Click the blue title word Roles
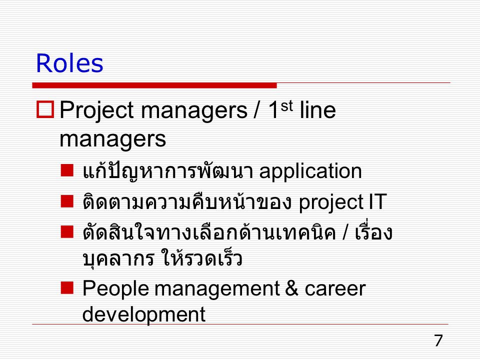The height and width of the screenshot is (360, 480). (x=69, y=63)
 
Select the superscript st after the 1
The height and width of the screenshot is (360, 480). (x=286, y=106)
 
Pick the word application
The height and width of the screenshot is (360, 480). (x=310, y=171)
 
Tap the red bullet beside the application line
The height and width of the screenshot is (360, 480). (x=67, y=170)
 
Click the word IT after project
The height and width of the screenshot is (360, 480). (x=378, y=201)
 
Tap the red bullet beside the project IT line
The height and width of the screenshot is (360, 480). (x=67, y=201)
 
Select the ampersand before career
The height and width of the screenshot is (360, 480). (x=291, y=288)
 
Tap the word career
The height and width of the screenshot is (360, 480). (x=335, y=289)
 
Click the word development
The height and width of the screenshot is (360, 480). (x=144, y=314)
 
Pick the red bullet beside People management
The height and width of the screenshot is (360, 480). (x=67, y=288)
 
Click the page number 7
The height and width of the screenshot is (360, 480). (x=438, y=340)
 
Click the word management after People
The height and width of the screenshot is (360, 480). (x=217, y=290)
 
